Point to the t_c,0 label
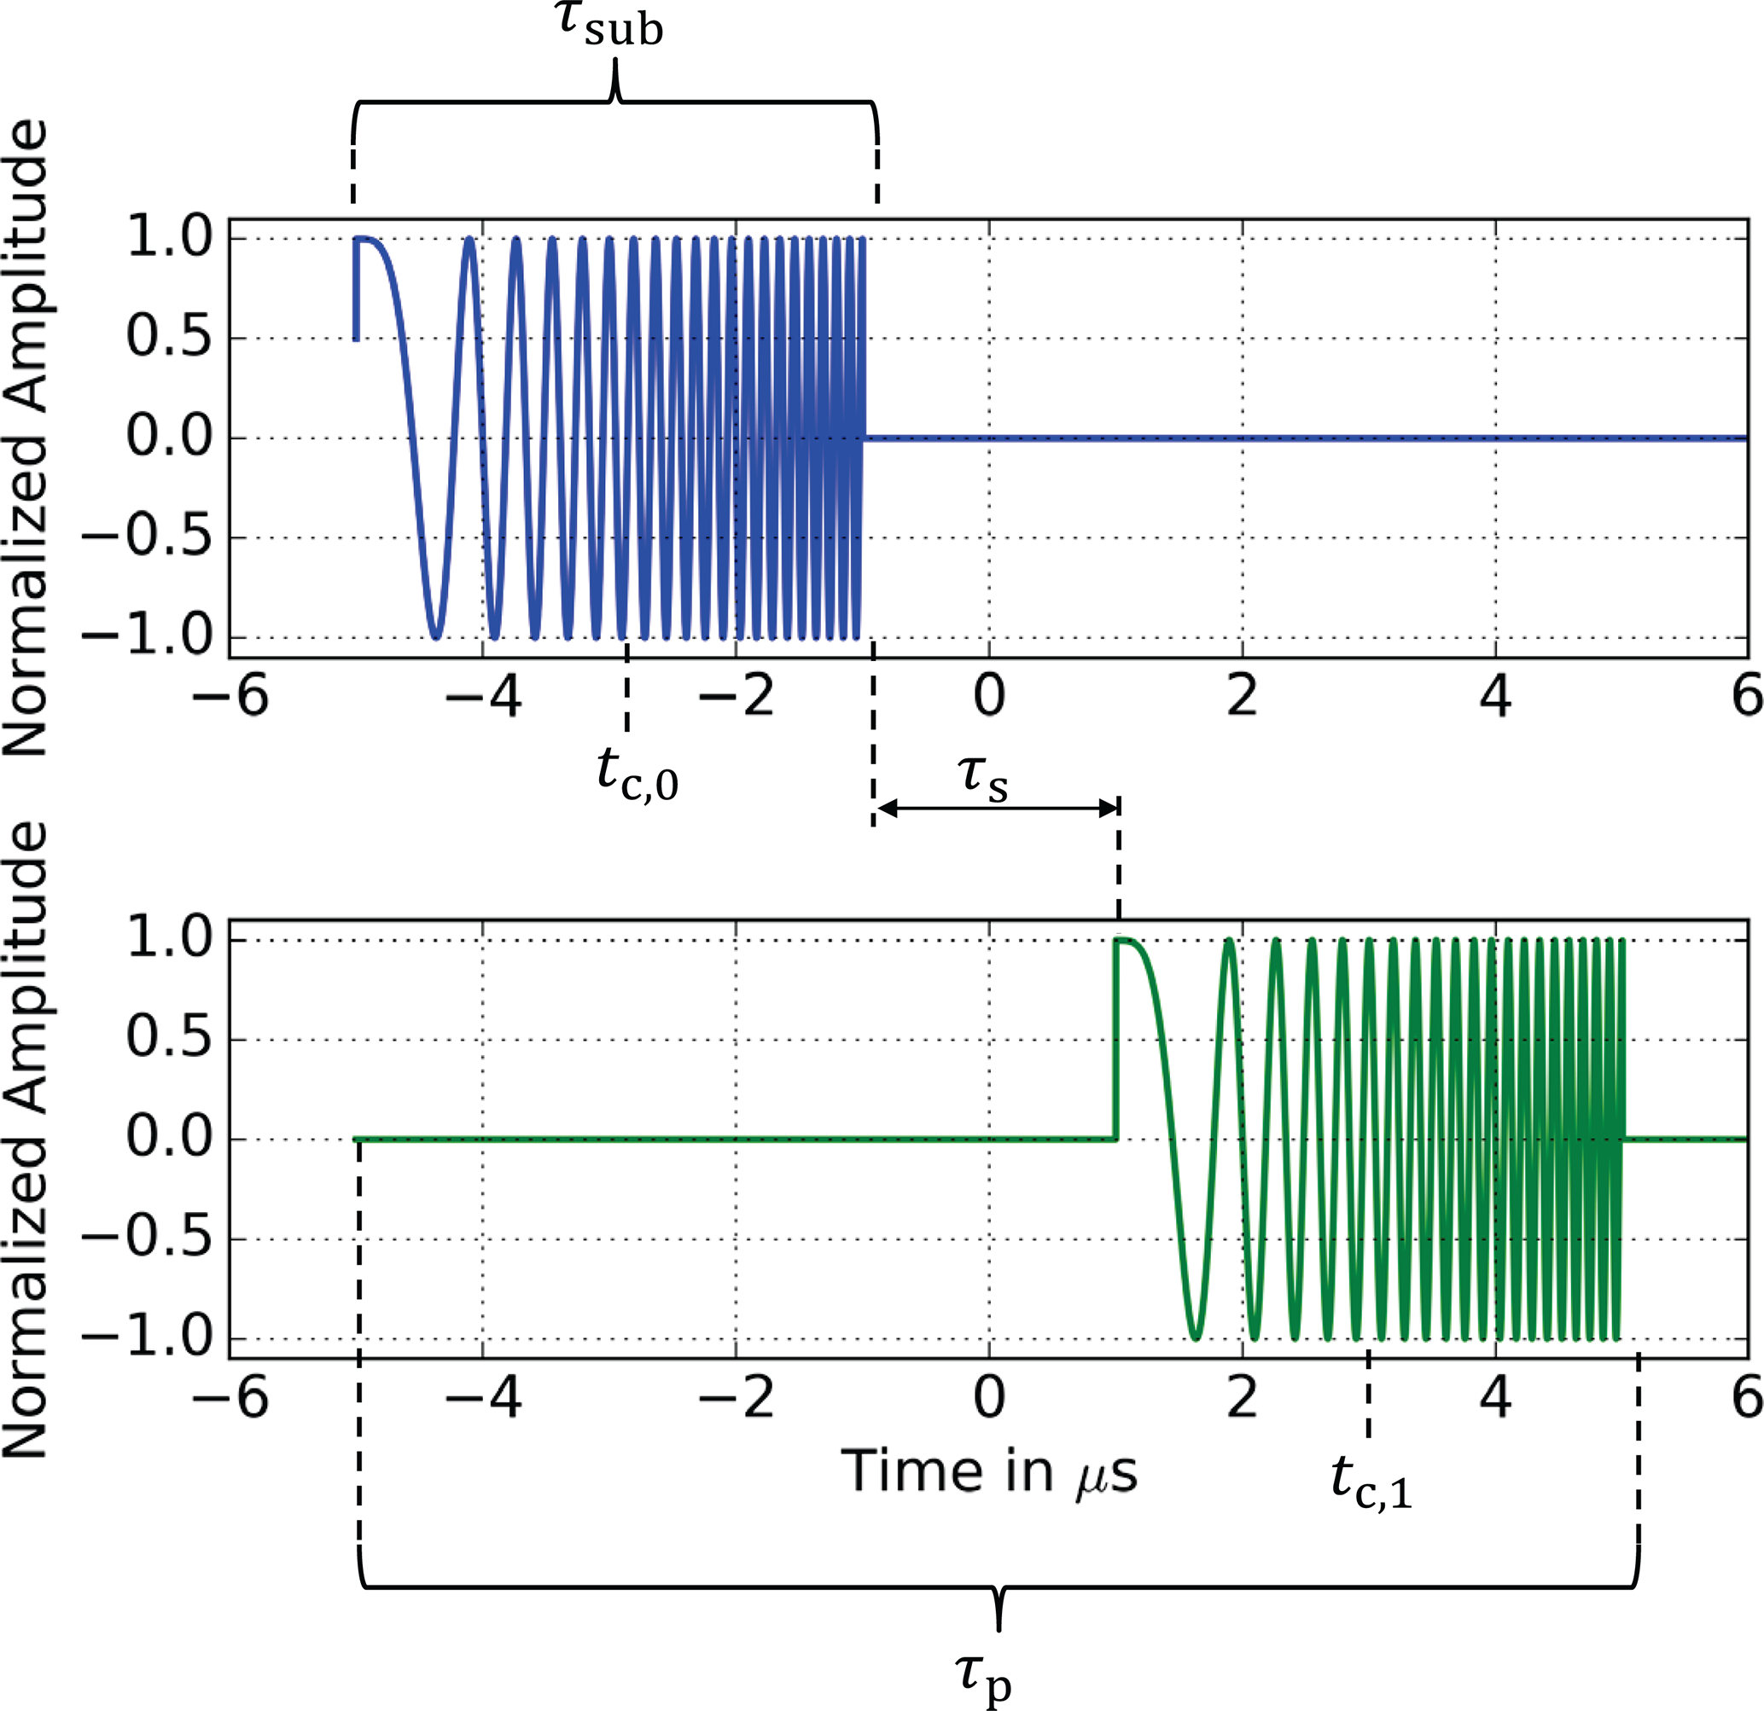click(x=637, y=775)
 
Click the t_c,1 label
click(x=1371, y=1482)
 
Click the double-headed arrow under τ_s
click(x=997, y=809)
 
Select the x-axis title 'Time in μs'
click(x=989, y=1474)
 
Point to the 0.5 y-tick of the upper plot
click(x=168, y=339)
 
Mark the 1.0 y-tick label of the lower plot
click(x=168, y=939)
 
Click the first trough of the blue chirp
click(x=435, y=635)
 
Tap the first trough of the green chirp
click(x=1195, y=1337)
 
